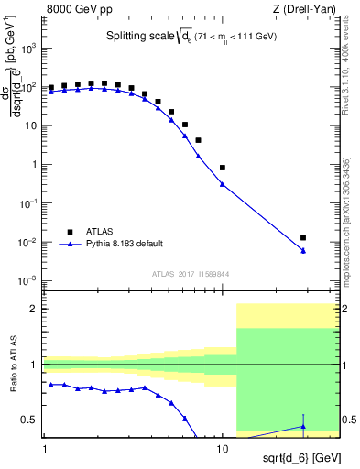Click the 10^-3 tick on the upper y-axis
click(x=29, y=280)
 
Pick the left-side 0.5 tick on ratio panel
click(x=31, y=420)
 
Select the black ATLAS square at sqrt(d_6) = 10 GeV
click(x=223, y=168)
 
